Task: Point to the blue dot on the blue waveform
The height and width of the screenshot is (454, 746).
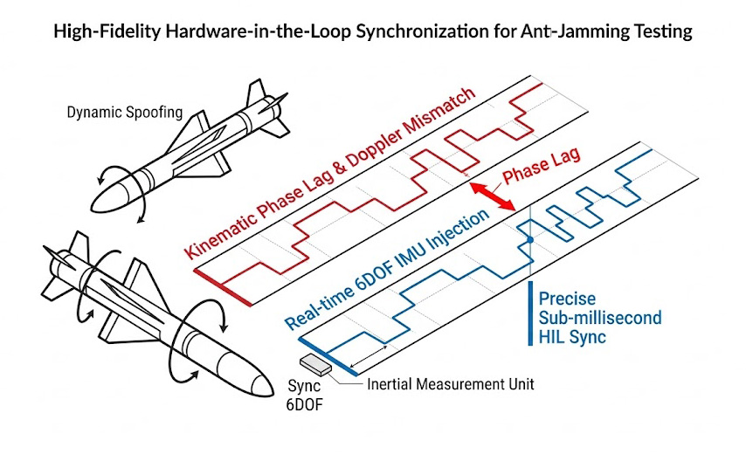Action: [x=528, y=238]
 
